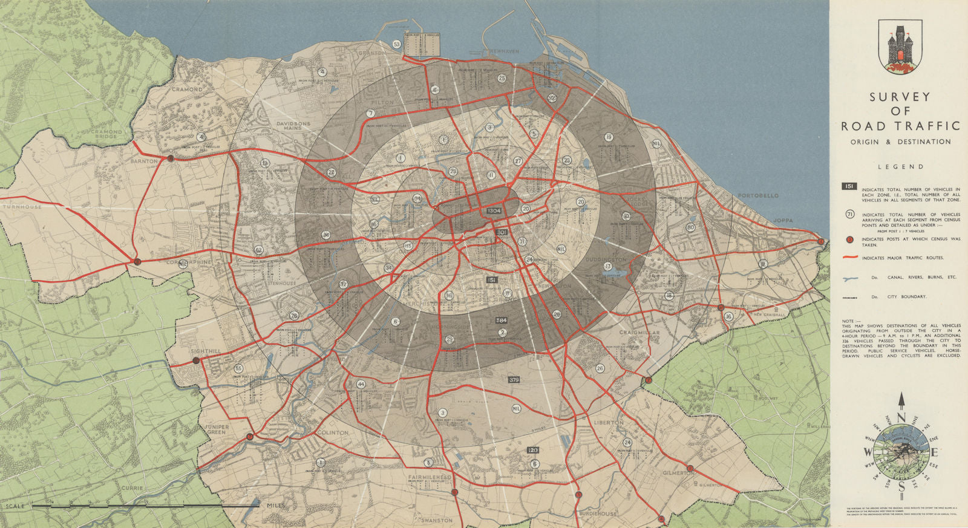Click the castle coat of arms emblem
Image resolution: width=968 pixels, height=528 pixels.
[x=900, y=42]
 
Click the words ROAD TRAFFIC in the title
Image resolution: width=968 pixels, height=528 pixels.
[x=900, y=126]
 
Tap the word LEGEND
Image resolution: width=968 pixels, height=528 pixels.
[x=900, y=166]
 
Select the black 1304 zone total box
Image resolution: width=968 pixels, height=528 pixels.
[x=494, y=210]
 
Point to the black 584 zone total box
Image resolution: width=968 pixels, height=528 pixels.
[x=501, y=320]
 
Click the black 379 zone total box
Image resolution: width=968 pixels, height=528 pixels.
[x=514, y=379]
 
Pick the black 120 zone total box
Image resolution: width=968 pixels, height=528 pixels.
[x=532, y=450]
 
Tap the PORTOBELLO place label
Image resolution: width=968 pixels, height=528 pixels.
[x=758, y=196]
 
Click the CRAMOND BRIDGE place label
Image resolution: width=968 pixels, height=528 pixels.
[x=97, y=134]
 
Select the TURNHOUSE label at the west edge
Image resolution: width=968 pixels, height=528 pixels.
[x=21, y=207]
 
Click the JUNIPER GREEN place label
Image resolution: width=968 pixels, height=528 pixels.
[x=217, y=429]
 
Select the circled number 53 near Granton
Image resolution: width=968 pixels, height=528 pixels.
[x=396, y=44]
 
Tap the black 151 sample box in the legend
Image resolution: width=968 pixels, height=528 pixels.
[x=849, y=187]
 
